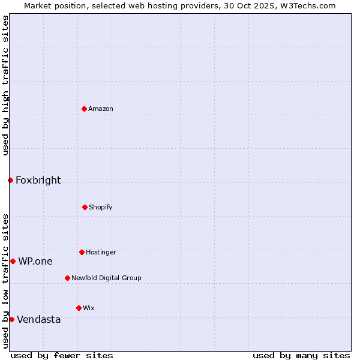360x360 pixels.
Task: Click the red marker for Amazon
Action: coord(84,109)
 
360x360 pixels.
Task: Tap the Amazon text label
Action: coord(101,109)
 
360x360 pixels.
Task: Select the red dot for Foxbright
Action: coord(10,180)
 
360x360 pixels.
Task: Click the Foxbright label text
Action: coord(38,181)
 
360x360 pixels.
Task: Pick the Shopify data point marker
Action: coord(85,207)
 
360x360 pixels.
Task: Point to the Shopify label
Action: coord(101,208)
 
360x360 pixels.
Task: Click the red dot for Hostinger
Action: coord(82,252)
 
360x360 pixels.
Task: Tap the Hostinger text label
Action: coord(101,253)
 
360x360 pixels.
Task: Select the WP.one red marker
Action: coord(13,261)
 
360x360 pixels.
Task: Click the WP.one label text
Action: coord(35,262)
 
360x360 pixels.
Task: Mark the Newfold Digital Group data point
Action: coord(67,278)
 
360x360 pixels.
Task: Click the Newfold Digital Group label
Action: coord(106,278)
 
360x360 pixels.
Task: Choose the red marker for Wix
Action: coord(79,308)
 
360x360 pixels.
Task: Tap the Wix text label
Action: coord(89,308)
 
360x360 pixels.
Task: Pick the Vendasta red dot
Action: coord(11,319)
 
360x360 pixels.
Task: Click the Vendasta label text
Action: coord(38,320)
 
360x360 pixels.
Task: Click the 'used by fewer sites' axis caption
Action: coord(62,355)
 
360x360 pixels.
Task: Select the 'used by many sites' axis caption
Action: coord(301,355)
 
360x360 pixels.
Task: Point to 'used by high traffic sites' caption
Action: coord(5,85)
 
